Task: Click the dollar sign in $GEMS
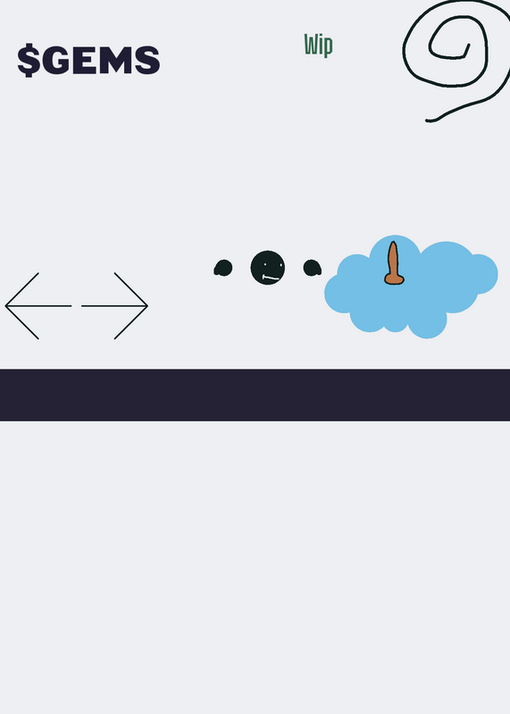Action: [29, 60]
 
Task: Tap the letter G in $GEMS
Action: [55, 60]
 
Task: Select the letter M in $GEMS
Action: [114, 60]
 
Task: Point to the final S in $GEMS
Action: [146, 60]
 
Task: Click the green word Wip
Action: [319, 46]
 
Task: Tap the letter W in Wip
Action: [311, 44]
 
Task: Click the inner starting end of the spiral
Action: [469, 45]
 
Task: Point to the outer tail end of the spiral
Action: [427, 120]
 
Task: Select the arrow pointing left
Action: [38, 306]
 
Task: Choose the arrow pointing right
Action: [115, 306]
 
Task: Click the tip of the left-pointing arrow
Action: [5, 306]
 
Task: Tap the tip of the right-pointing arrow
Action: [147, 306]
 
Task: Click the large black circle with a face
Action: [268, 267]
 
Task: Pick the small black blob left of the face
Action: [223, 269]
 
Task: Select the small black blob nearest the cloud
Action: [313, 268]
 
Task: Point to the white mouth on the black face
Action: [272, 278]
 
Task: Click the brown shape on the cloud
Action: [393, 263]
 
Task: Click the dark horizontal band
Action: [255, 394]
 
